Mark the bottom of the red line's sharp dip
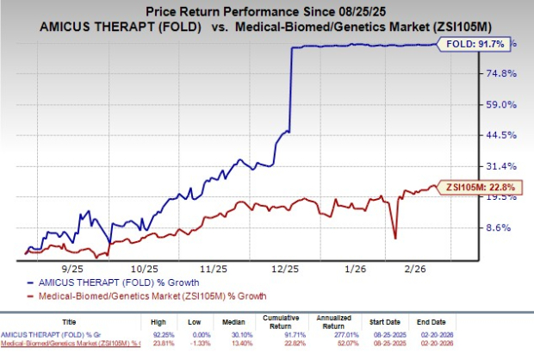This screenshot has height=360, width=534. click(x=394, y=238)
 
